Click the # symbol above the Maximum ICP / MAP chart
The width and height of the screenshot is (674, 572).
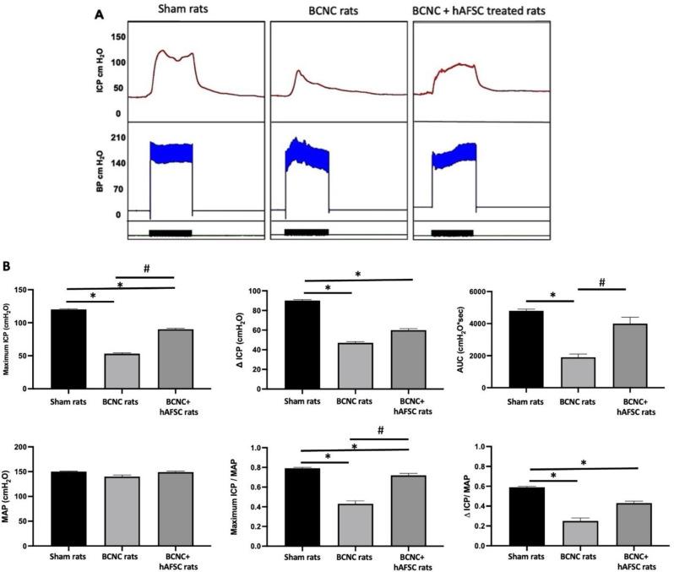pyautogui.click(x=380, y=429)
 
